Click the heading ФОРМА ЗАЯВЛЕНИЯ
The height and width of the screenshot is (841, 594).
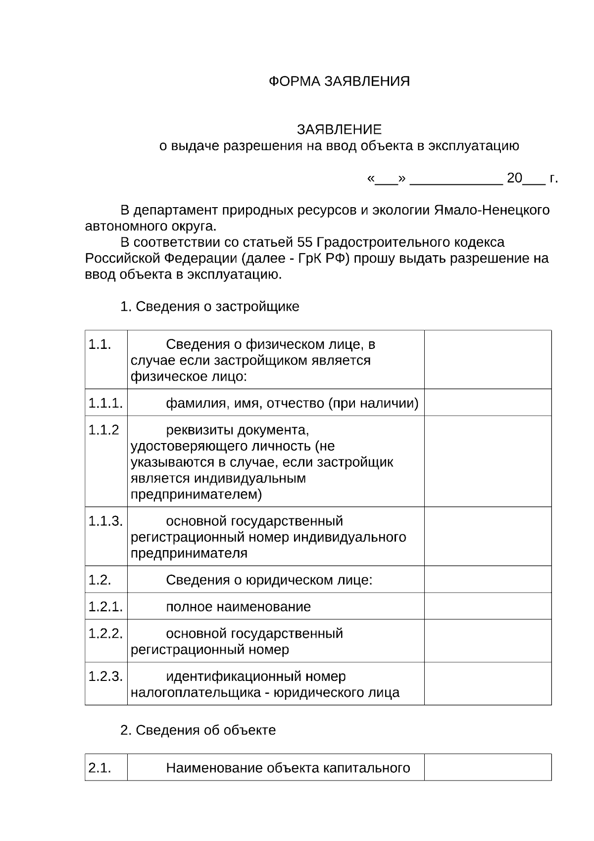coord(339,81)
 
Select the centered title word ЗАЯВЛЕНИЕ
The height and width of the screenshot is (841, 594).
coord(339,130)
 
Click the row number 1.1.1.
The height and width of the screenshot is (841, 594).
coord(105,403)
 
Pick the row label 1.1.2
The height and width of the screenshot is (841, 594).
coord(103,430)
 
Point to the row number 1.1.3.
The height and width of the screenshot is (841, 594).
coord(105,521)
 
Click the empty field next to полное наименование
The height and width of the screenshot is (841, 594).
coord(488,607)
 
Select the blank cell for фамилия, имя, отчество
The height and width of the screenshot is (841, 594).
coord(488,402)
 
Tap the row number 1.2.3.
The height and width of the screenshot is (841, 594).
coord(105,676)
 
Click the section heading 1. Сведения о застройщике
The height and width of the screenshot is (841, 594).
coord(210,307)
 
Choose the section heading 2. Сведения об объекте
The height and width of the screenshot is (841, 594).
coord(198,730)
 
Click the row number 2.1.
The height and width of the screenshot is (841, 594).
coord(99,768)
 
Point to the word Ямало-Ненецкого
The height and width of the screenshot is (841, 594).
coord(492,210)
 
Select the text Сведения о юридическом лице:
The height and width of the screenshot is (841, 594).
coord(269,580)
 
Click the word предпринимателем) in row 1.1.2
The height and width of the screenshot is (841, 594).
coord(196,495)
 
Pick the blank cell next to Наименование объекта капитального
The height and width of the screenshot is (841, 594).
coord(488,768)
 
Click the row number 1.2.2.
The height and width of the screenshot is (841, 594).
coord(105,634)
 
